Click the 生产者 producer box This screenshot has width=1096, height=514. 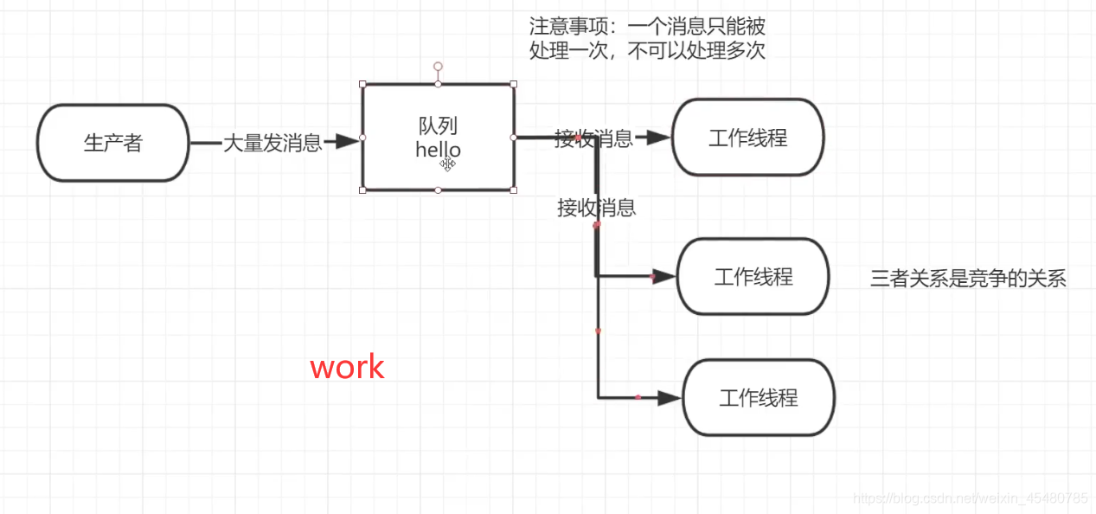tap(112, 144)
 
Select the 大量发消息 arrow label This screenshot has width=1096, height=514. tap(272, 143)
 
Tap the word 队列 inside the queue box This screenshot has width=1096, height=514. tap(438, 126)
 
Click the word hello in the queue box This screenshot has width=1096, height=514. tap(437, 150)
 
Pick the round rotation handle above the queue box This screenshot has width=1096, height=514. tap(439, 66)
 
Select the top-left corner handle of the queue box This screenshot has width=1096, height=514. tap(362, 84)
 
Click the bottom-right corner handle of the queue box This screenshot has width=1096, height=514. tap(514, 190)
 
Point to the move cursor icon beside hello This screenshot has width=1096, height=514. tap(447, 164)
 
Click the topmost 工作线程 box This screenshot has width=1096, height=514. tap(748, 138)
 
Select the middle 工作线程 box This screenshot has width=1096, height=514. tap(753, 277)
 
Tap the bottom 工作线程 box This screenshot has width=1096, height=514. tap(759, 398)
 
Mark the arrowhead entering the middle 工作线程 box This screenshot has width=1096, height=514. tap(663, 277)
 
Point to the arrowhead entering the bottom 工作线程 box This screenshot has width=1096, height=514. tap(669, 398)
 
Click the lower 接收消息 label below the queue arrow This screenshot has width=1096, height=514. tap(597, 208)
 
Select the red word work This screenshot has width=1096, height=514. tap(347, 367)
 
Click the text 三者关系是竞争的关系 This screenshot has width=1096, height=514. tap(968, 279)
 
